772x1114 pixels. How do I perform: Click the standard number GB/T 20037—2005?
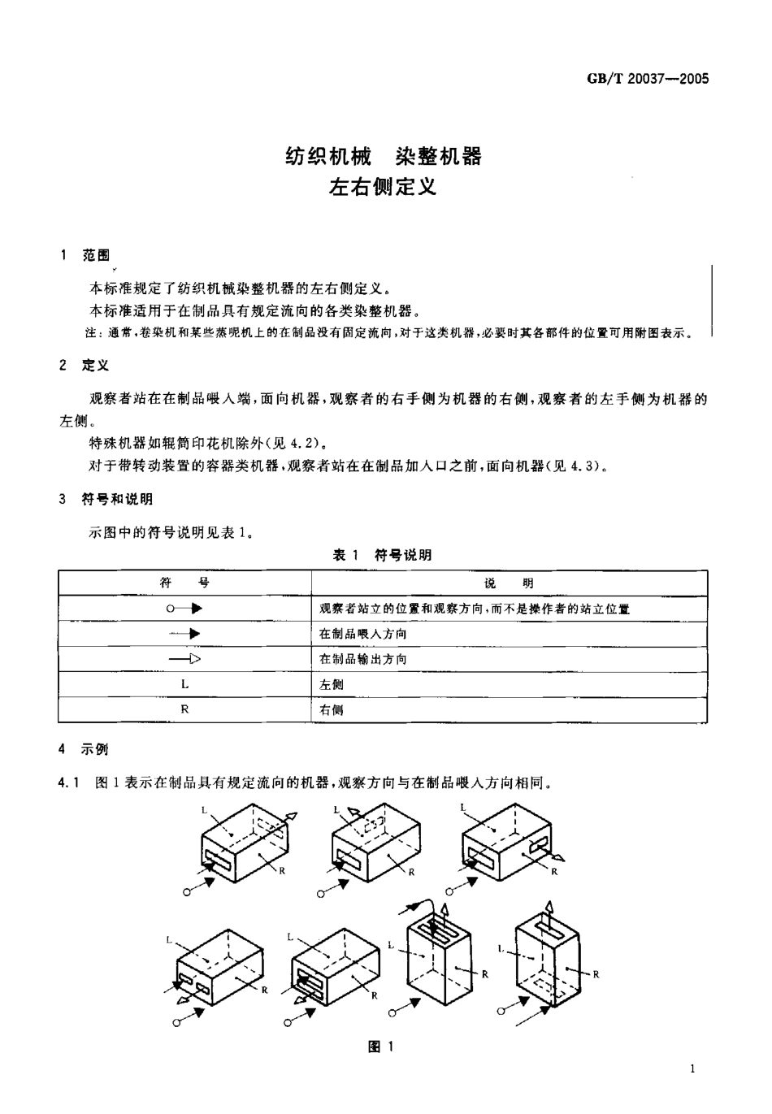(x=647, y=79)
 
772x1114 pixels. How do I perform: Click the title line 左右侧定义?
(x=383, y=187)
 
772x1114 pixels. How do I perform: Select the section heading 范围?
(x=95, y=255)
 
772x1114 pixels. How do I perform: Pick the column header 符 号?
(x=184, y=583)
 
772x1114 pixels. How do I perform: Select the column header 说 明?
(x=509, y=583)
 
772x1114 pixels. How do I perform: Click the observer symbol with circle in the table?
(x=184, y=608)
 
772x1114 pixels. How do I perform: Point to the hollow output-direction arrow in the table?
(x=184, y=659)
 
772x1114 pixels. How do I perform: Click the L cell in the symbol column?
(x=184, y=684)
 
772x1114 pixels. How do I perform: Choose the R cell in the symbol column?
(x=184, y=709)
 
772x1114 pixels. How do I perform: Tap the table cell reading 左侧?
(x=332, y=684)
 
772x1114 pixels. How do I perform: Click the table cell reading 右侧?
(x=332, y=709)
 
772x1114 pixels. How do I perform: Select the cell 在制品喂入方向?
(x=363, y=634)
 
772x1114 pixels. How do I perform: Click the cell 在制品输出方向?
(x=363, y=659)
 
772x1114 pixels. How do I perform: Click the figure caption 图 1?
(x=382, y=1047)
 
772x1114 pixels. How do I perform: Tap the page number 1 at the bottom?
(x=692, y=1068)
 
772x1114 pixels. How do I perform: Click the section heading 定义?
(x=95, y=366)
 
